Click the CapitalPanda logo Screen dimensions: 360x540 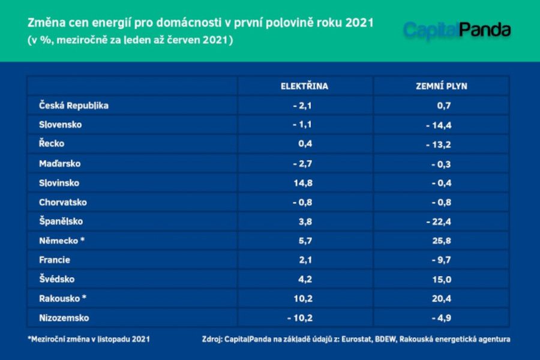457,29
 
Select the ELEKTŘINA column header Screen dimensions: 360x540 304,86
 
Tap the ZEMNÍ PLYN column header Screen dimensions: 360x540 441,86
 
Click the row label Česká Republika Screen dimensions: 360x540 74,105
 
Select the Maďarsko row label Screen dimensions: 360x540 60,163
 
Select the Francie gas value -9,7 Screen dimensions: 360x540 441,260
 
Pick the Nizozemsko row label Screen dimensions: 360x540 64,318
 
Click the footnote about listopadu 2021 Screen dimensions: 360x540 88,339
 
